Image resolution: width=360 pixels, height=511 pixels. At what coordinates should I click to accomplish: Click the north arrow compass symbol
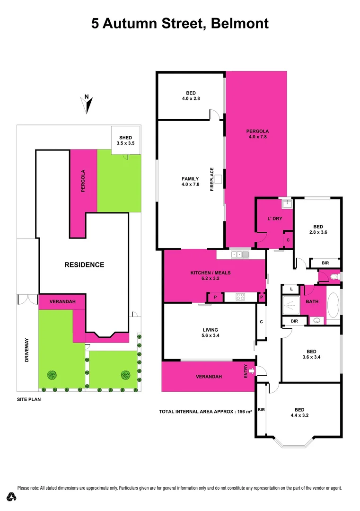click(x=88, y=104)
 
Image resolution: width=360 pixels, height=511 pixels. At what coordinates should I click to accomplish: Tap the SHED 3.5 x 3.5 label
click(x=125, y=140)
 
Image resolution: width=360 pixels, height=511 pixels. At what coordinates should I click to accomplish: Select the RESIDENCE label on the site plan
click(x=84, y=264)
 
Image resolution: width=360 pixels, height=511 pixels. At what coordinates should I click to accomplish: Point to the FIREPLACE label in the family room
click(x=212, y=179)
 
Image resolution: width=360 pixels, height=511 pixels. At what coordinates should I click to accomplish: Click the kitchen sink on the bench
click(x=240, y=255)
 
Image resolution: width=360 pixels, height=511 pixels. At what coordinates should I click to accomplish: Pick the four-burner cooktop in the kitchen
click(x=240, y=298)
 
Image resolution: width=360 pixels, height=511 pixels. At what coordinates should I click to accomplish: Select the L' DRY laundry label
click(x=275, y=219)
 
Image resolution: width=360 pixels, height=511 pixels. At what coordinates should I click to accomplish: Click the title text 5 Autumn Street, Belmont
click(x=180, y=24)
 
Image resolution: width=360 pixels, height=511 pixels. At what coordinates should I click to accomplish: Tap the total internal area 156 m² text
click(x=205, y=412)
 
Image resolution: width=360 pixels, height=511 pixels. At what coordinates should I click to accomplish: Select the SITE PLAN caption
click(x=29, y=399)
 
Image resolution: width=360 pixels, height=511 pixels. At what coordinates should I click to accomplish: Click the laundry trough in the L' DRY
click(x=287, y=204)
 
